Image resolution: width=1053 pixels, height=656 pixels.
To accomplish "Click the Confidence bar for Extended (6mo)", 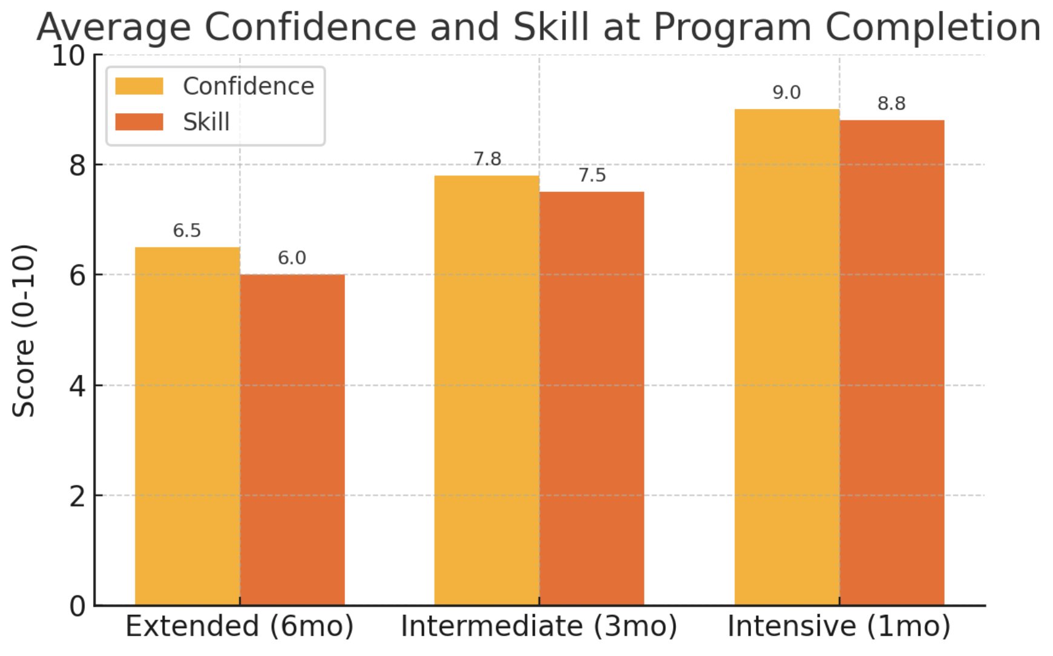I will coord(187,426).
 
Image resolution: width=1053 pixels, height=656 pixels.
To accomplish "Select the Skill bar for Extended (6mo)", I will coord(292,440).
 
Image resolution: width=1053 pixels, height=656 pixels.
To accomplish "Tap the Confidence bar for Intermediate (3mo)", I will coord(487,390).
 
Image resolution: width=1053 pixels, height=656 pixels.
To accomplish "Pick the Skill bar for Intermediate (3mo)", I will coord(592,398).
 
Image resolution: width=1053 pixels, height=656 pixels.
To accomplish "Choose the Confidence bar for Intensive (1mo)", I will coord(787,357).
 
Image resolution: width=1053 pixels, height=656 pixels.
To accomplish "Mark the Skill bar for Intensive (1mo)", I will coord(892,362).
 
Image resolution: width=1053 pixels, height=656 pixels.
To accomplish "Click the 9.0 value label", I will coord(786,93).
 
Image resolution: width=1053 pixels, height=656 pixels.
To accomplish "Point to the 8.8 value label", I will coord(891,103).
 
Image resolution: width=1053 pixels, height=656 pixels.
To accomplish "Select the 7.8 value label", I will coord(487,159).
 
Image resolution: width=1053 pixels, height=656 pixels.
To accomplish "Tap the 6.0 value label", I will coord(292,258).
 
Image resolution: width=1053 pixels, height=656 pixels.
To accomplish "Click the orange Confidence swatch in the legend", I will coord(139,87).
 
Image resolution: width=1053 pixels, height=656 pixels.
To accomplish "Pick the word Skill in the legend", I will coord(206,122).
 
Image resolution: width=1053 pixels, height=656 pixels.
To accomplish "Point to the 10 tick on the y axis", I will coord(68,56).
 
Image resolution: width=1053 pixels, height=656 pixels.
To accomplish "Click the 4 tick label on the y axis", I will coord(77,385).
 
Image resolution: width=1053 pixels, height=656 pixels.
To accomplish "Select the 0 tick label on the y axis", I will coord(77,606).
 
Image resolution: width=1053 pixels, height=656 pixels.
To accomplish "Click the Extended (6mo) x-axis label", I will coord(240,626).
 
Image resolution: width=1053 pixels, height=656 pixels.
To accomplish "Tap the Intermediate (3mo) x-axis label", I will coord(539,626).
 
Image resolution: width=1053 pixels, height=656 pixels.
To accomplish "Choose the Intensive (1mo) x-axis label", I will coord(839,626).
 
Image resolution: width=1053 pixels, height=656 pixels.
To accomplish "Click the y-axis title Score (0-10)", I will coord(24,330).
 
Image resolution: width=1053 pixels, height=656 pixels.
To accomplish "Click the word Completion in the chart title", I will coord(933,27).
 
